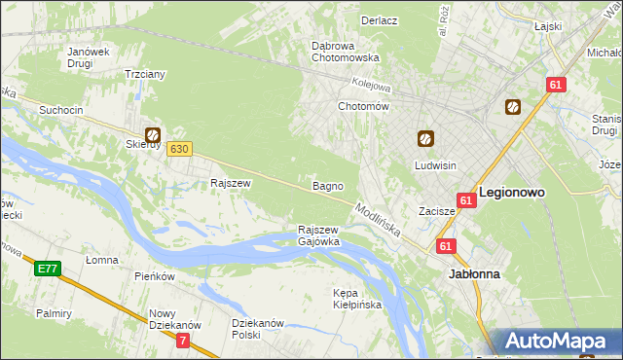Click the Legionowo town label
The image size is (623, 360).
pyautogui.click(x=511, y=193)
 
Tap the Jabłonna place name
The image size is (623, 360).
pyautogui.click(x=474, y=274)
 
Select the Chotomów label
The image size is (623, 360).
pyautogui.click(x=363, y=106)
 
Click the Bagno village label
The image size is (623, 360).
pyautogui.click(x=326, y=185)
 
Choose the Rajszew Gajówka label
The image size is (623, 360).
pyautogui.click(x=318, y=234)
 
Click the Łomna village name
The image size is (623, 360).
pyautogui.click(x=101, y=260)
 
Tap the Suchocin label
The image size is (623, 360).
pyautogui.click(x=60, y=110)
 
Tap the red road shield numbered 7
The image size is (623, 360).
pyautogui.click(x=183, y=341)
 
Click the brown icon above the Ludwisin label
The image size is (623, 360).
pyautogui.click(x=425, y=140)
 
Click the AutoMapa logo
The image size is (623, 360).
pyautogui.click(x=557, y=342)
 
